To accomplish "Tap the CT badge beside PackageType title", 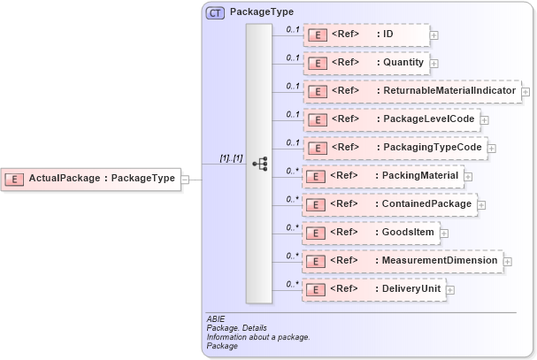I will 215,13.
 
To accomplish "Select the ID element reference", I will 366,34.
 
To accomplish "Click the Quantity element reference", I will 366,63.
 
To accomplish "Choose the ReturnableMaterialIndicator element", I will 411,90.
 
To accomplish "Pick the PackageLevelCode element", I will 391,119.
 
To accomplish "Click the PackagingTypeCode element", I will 395,147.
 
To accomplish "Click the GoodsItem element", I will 371,232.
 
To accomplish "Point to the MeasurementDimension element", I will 403,260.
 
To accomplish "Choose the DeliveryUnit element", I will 373,288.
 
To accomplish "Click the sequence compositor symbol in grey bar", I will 259,164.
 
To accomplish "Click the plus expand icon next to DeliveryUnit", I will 450,289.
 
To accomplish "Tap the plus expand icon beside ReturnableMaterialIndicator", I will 525,91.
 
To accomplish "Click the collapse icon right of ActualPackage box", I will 185,179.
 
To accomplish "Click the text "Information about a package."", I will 257,337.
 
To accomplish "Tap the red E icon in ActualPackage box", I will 15,179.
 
